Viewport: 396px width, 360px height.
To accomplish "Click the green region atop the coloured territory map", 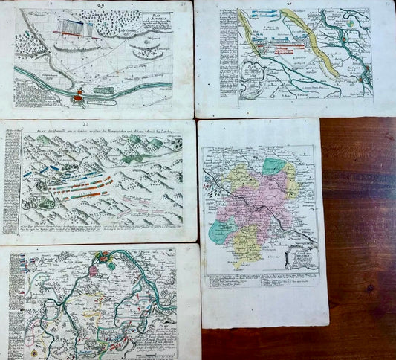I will click(274, 167).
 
